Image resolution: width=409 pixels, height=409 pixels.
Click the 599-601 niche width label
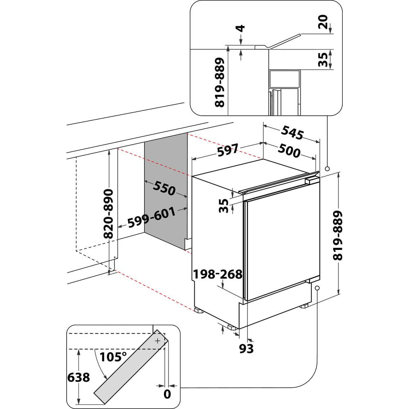click(x=151, y=218)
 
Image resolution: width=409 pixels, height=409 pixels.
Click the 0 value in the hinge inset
click(x=166, y=394)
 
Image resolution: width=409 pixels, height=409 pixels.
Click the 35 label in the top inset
click(x=323, y=60)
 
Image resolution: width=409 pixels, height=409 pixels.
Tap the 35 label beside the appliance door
click(x=223, y=206)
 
